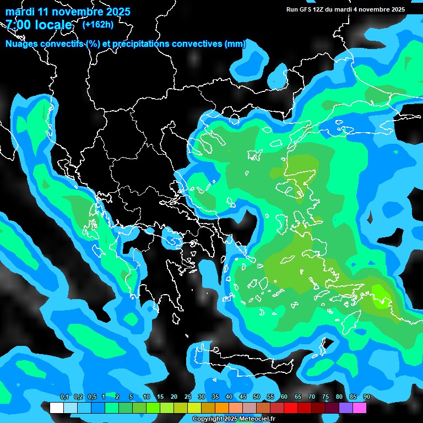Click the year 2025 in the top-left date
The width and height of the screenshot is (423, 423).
117,12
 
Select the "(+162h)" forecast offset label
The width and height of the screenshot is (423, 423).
97,24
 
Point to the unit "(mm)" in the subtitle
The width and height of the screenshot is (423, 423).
235,44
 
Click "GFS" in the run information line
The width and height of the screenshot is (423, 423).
305,9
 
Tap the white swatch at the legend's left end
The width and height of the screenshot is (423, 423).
57,408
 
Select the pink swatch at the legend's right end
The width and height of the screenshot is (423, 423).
359,408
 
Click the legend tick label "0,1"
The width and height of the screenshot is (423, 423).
64,397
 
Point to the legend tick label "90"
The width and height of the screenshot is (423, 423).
366,397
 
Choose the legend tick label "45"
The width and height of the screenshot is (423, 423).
243,397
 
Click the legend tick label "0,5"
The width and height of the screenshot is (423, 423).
91,397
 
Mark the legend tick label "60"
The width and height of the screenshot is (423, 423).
284,397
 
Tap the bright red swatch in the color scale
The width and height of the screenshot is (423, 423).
291,408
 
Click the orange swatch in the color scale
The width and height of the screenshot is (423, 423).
222,408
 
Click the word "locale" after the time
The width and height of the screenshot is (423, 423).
53,25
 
